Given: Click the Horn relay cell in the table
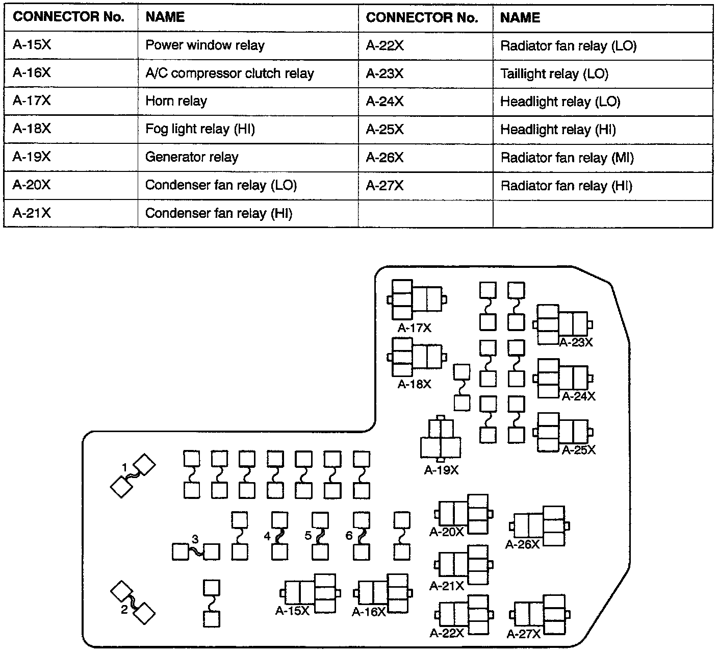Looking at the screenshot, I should coord(176,101).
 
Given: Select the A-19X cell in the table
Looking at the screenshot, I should coord(32,157).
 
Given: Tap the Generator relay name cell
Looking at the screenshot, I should coord(192,157).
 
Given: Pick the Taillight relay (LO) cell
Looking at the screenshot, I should coord(554,73).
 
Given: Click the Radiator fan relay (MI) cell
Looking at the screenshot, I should coord(567,158).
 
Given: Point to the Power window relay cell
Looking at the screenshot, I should coord(205,45).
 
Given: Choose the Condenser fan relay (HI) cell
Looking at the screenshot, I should coord(219,213).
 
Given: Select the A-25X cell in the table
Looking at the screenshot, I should coord(384,130).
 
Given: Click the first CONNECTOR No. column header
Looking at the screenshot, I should coord(69,17).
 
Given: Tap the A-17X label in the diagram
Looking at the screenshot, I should coord(415,328).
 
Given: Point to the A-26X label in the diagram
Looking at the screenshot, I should coord(522,544).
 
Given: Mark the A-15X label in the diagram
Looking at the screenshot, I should coord(292,611).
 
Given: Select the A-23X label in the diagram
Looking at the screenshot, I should coord(576,342).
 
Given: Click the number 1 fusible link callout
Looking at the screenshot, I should coord(124,466).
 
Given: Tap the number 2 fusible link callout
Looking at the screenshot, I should coord(124,609).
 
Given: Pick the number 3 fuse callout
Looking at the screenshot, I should coord(195,538).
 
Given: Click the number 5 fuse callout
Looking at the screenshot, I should coord(308,535).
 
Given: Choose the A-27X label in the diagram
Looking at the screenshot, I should coord(524,634).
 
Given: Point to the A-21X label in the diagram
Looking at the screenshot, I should coord(447,586).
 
